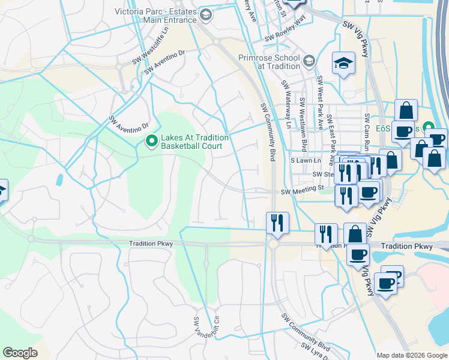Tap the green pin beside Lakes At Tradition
(x=151, y=142)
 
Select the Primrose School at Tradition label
(x=270, y=62)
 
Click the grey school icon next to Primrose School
(x=309, y=61)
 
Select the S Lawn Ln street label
(x=306, y=161)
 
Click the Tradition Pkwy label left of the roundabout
(x=151, y=244)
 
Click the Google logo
(x=20, y=353)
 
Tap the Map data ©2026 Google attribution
(x=411, y=355)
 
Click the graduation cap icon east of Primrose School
(x=344, y=64)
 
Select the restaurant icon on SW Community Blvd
(x=277, y=223)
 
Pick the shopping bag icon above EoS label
(x=406, y=110)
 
